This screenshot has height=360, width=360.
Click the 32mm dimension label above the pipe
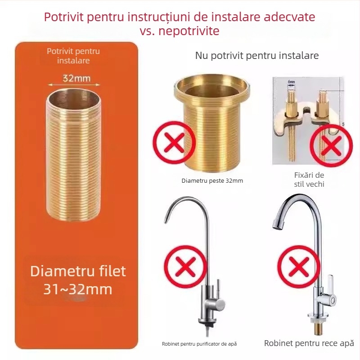point(76,78)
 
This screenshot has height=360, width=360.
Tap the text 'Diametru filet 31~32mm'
point(78,279)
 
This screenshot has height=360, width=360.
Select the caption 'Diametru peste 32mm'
point(212,180)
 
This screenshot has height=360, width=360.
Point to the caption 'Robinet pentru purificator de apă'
point(199,344)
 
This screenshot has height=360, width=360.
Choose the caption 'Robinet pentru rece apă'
point(309,343)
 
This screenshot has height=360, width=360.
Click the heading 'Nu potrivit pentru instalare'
point(256,56)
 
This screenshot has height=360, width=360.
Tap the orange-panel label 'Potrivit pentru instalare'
point(73,56)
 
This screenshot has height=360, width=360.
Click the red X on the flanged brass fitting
point(175,142)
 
